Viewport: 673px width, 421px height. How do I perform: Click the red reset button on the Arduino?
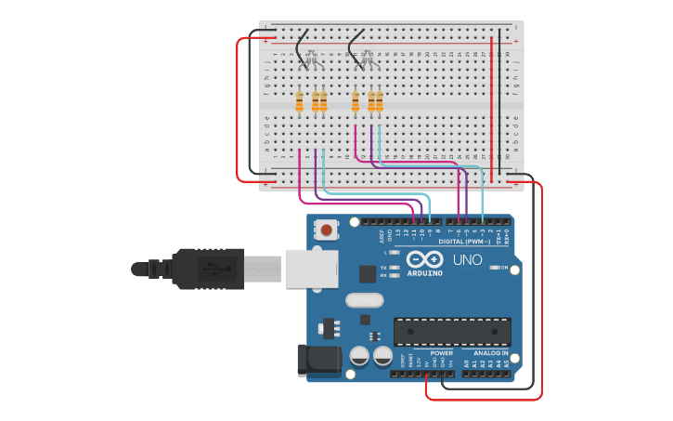point(328,228)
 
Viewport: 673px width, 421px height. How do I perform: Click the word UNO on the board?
point(467,259)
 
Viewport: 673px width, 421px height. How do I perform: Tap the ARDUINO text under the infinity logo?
point(424,273)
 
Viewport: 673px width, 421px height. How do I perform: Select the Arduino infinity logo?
point(424,259)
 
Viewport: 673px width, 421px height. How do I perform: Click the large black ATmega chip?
point(452,331)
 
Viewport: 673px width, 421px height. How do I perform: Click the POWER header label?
point(442,353)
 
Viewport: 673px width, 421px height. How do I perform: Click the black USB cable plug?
point(209,268)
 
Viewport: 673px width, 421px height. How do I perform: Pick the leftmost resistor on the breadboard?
point(299,101)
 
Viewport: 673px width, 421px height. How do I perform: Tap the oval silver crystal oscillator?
point(363,300)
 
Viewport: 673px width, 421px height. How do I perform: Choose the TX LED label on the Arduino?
point(383,267)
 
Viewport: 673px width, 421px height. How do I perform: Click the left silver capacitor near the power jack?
point(359,355)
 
